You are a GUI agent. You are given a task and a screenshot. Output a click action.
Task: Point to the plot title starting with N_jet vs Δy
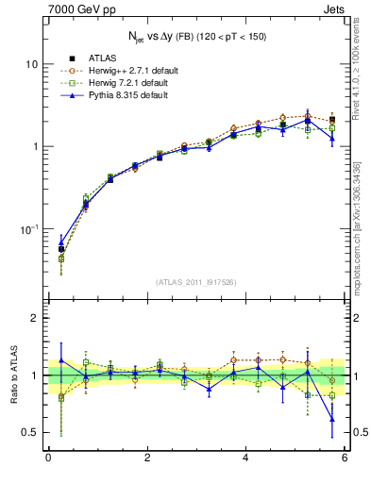[197, 36]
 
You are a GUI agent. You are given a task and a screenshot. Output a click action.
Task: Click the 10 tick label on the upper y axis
[31, 64]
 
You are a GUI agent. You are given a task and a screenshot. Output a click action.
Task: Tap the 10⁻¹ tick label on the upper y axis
[28, 229]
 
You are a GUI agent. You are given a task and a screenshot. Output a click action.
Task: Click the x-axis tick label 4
[245, 459]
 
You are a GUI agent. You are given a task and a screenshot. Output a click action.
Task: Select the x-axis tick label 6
[345, 459]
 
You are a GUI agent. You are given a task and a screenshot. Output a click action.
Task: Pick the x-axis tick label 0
[48, 459]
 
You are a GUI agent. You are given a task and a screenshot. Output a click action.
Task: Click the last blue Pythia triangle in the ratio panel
[331, 419]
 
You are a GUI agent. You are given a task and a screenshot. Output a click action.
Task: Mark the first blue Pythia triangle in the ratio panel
[61, 359]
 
